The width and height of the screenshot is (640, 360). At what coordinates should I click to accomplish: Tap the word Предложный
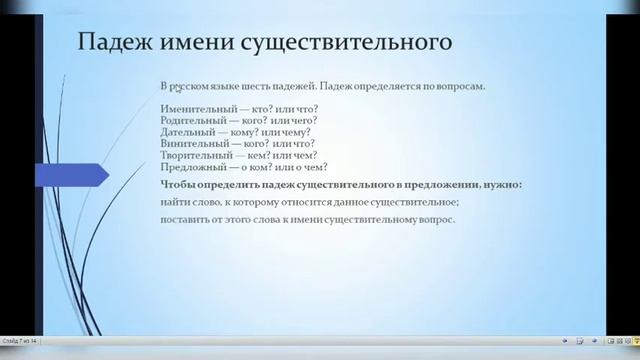point(190,169)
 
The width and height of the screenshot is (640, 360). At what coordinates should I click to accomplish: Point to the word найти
point(173,202)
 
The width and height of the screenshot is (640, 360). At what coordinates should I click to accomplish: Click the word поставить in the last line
point(181,219)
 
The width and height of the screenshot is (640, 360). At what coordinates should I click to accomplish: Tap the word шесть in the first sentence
point(263,86)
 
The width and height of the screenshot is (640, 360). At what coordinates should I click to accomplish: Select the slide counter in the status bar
point(20,341)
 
